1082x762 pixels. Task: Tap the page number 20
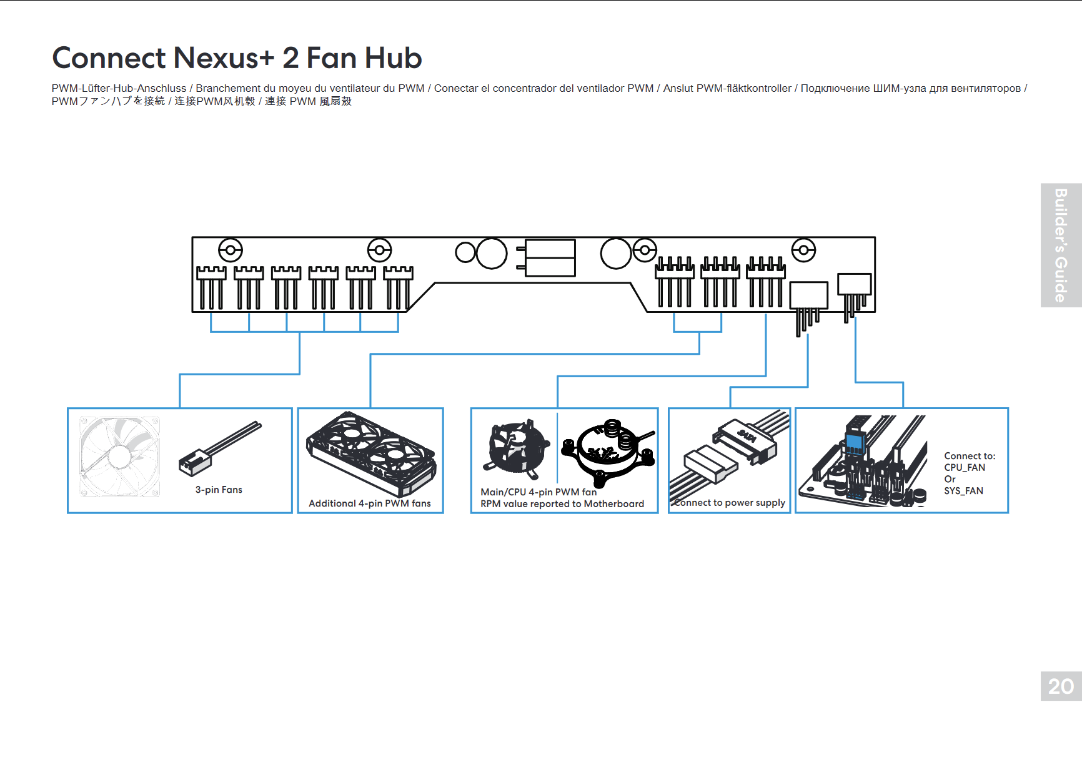click(x=1061, y=686)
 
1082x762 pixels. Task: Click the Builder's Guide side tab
click(x=1061, y=245)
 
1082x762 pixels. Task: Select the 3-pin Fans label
click(x=219, y=490)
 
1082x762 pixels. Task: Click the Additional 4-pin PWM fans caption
click(x=370, y=503)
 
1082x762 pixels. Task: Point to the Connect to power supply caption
click(x=730, y=503)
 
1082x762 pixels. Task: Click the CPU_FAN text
click(x=965, y=468)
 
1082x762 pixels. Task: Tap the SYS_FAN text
click(x=963, y=491)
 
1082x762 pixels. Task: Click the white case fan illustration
click(x=119, y=457)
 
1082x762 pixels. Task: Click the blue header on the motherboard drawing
click(x=854, y=443)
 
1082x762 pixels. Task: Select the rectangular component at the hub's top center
click(x=550, y=257)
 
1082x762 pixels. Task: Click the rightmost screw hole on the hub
click(x=803, y=250)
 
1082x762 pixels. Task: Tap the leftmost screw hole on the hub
click(x=230, y=250)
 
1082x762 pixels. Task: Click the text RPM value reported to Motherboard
click(x=562, y=504)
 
